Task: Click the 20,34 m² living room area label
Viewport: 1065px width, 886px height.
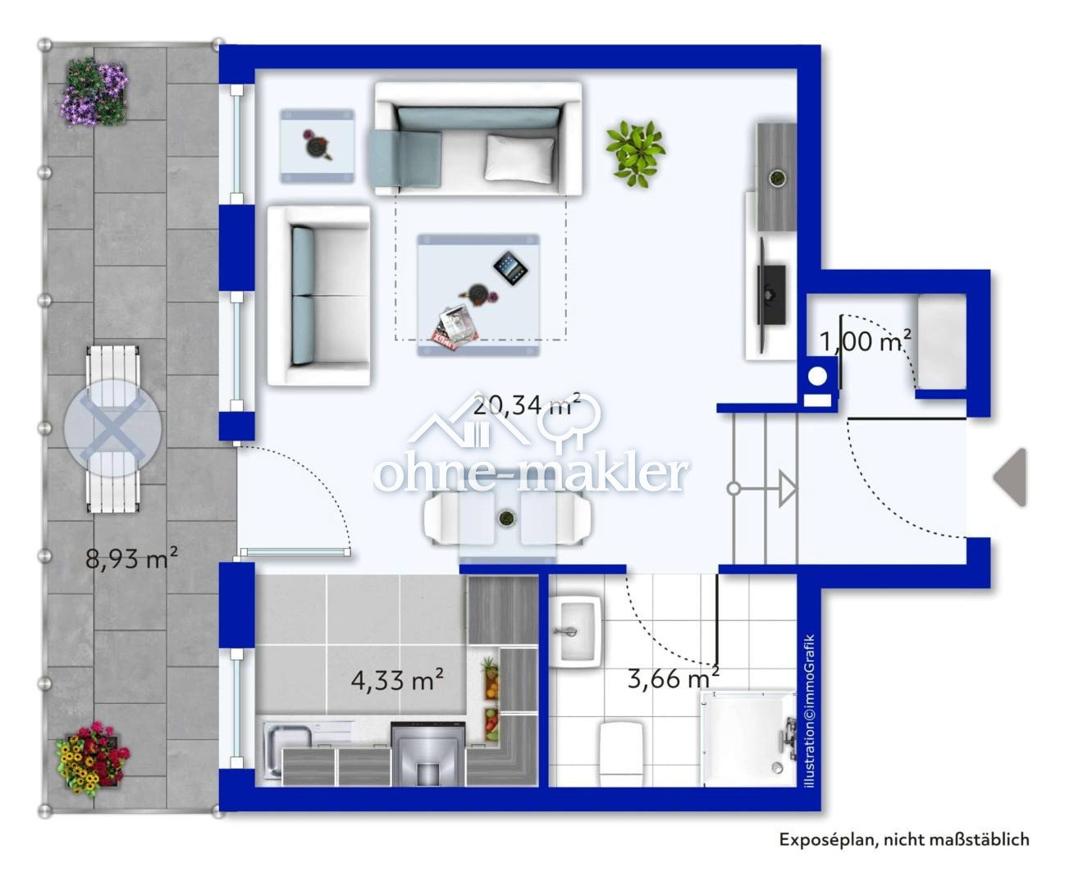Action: [527, 404]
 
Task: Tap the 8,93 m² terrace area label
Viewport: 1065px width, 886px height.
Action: [132, 559]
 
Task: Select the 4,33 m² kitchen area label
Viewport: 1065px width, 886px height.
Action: [397, 679]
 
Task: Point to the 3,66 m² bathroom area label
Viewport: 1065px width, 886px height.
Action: [673, 678]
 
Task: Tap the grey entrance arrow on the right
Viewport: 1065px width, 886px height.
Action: [1011, 477]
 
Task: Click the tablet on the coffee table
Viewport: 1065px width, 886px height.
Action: [510, 267]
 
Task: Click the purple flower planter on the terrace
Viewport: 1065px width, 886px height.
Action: [94, 91]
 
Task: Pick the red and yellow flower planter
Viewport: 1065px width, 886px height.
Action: [92, 759]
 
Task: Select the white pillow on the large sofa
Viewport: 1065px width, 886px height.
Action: [519, 157]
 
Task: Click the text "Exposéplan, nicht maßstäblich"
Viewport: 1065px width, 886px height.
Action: [903, 839]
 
